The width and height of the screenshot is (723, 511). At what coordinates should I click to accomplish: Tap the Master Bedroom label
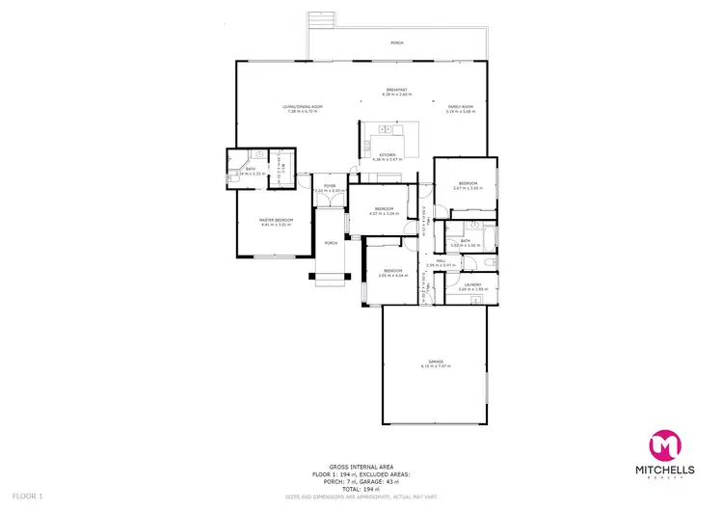pyautogui.click(x=276, y=220)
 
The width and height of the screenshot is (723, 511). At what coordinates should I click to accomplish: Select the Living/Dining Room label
pyautogui.click(x=302, y=106)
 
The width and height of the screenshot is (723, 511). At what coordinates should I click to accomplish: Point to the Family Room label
pyautogui.click(x=460, y=106)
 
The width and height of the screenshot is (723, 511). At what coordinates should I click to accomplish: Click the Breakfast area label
pyautogui.click(x=396, y=90)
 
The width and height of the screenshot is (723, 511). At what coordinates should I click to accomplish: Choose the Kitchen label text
pyautogui.click(x=387, y=154)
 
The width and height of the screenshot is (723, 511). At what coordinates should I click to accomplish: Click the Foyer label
pyautogui.click(x=330, y=185)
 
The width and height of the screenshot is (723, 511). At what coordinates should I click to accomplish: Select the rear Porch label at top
pyautogui.click(x=396, y=43)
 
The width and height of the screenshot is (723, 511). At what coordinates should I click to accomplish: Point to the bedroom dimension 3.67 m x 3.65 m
pyautogui.click(x=467, y=188)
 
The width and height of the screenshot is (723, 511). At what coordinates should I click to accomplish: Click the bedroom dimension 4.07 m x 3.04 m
pyautogui.click(x=385, y=214)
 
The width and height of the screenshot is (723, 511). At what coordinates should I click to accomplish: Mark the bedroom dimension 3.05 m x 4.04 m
pyautogui.click(x=392, y=276)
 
